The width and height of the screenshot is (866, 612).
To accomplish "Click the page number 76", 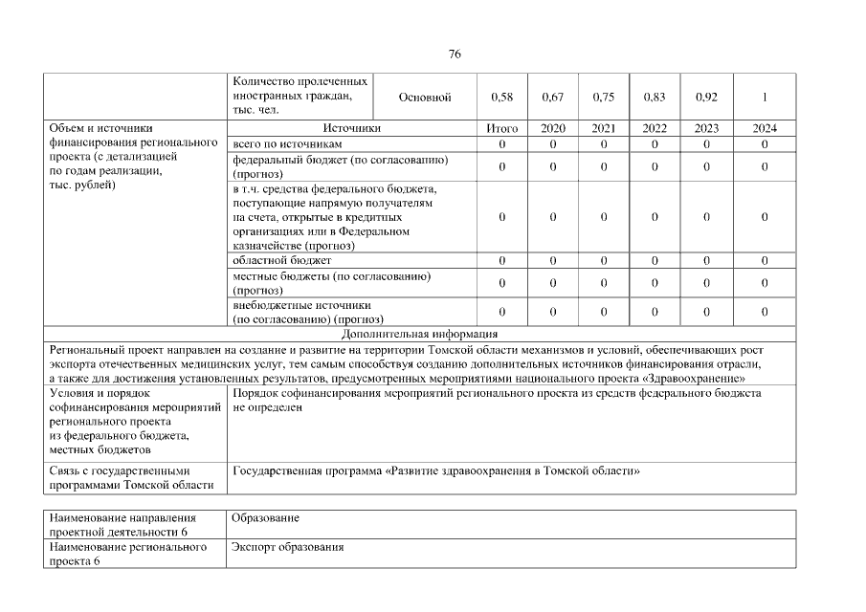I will [455, 55].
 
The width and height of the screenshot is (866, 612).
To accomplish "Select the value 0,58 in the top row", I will [501, 98].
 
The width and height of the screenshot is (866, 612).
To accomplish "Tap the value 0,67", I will [553, 98].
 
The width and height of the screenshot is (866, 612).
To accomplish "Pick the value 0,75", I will [604, 98].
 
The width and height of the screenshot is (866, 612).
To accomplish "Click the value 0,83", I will [655, 98].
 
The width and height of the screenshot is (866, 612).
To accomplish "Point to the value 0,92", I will [706, 98].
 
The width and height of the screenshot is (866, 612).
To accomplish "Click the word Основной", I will [424, 98].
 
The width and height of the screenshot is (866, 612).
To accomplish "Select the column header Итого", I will [501, 128].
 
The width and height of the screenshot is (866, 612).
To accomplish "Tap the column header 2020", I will [553, 128].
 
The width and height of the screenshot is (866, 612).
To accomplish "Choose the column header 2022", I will [655, 128].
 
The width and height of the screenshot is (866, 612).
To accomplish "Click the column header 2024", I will [765, 128].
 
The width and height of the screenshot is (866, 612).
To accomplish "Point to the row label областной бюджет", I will [282, 260].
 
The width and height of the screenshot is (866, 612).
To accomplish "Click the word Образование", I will [266, 518].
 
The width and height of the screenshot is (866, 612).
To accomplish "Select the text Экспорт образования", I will [288, 548].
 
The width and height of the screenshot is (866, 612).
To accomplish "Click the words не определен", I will [267, 407].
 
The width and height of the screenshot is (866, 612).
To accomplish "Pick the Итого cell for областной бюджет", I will [501, 260].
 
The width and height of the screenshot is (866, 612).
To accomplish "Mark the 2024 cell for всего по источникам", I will [765, 143].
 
